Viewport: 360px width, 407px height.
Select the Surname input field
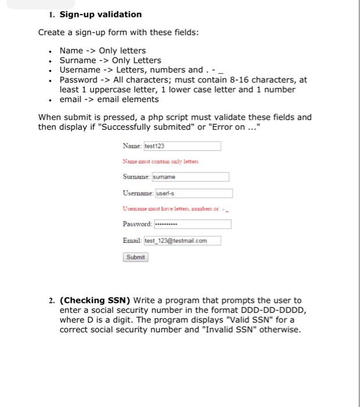[x=190, y=177]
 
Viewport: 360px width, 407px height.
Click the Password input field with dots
[x=192, y=224]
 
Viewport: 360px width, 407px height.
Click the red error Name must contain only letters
[x=160, y=161]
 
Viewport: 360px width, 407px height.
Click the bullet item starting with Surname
[x=111, y=60]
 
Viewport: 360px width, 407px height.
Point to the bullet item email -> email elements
[x=109, y=99]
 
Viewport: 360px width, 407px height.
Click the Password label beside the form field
[x=137, y=224]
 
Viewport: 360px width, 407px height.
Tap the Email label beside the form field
[x=132, y=241]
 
